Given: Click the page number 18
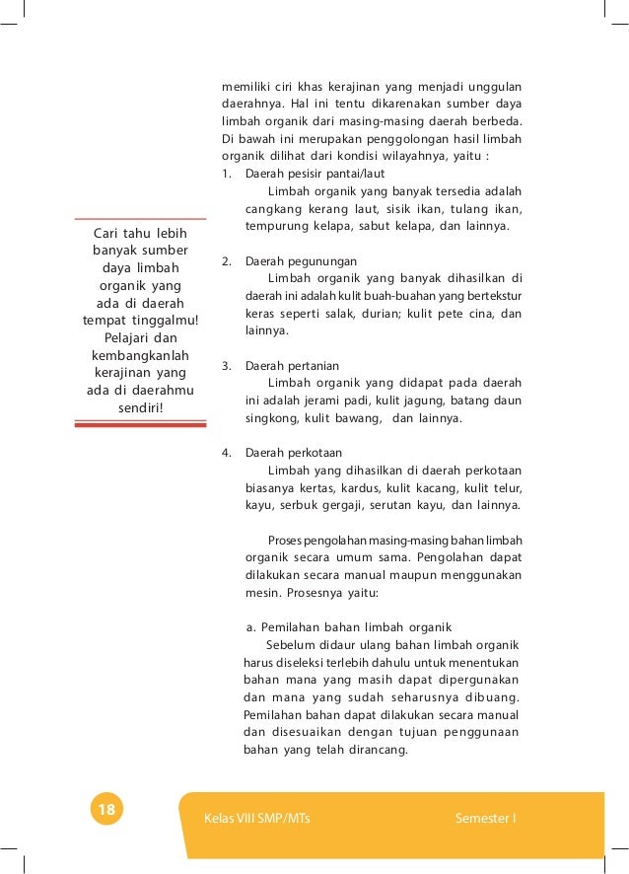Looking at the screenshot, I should point(105,810).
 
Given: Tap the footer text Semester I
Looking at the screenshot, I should point(487,819).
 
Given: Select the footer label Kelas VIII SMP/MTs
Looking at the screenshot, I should point(256,819).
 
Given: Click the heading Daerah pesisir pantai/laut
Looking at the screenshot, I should point(301,174).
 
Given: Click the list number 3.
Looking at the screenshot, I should point(226,366).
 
